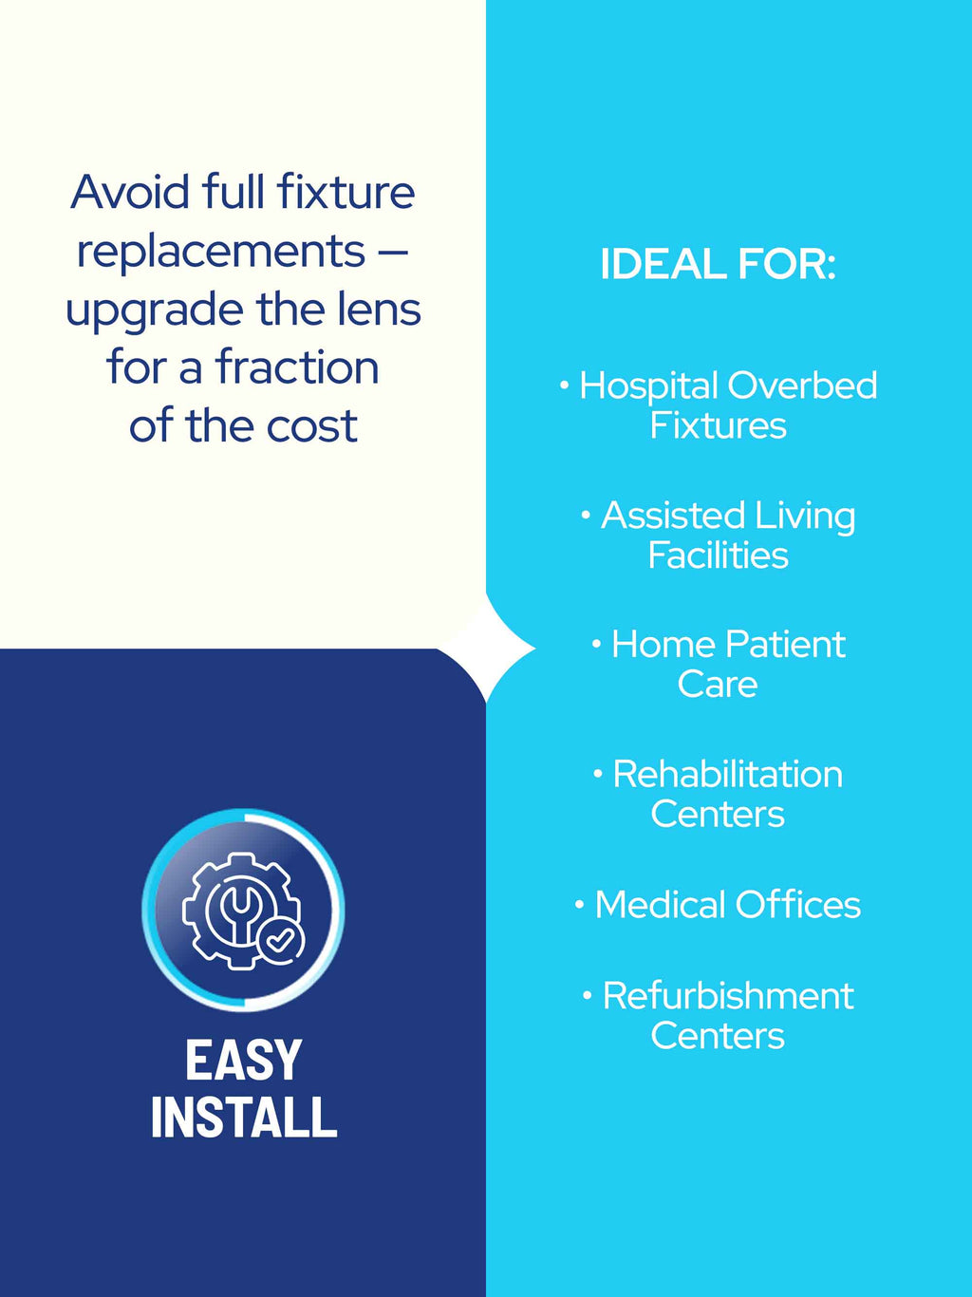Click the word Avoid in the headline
pos(131,192)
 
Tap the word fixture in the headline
pos(346,192)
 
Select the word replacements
pos(221,251)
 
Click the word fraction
pos(297,367)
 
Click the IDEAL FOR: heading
pos(718,264)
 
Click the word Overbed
pos(802,385)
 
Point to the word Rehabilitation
pos(727,774)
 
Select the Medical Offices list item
pos(718,905)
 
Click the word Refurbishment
pos(728,996)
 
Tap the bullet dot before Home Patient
pos(597,642)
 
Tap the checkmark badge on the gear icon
pos(281,941)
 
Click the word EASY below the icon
pos(244,1062)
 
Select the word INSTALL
pos(244,1118)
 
